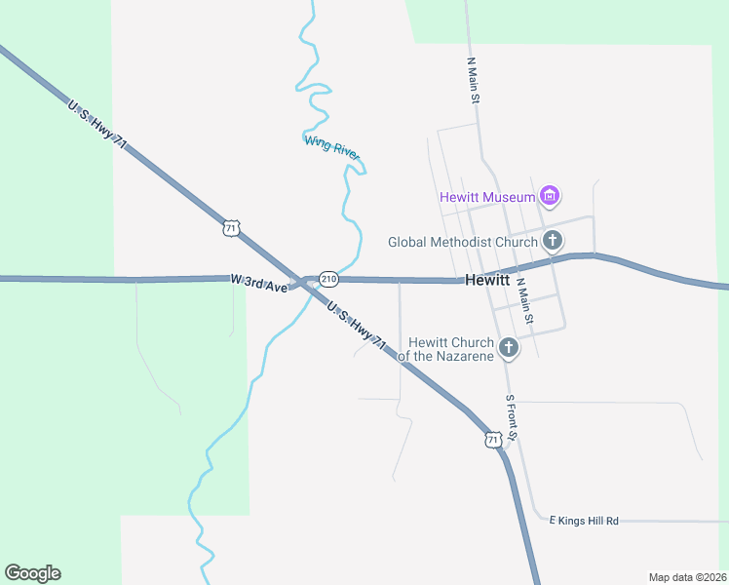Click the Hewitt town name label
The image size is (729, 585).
point(487,280)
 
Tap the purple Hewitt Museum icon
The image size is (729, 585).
point(551,197)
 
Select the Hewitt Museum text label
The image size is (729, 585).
point(488,197)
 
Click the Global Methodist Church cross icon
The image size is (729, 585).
point(553,241)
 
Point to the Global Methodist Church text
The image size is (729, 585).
point(462,242)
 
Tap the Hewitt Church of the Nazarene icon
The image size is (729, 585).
point(508,348)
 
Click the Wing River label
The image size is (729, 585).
point(332,146)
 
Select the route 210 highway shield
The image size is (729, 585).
point(328,280)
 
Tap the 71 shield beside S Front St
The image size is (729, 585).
point(494,440)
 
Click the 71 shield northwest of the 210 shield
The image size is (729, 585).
point(230,228)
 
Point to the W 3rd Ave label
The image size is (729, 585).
point(259,283)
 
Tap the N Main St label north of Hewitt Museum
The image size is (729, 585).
point(473,80)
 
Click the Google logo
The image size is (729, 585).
point(32,573)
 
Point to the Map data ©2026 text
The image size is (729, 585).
point(687,577)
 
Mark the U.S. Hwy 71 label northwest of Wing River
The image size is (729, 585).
point(97,123)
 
